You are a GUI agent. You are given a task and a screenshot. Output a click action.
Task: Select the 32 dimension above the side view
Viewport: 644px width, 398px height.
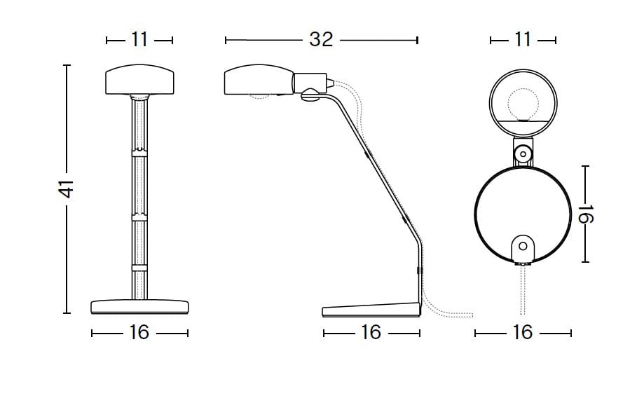[321, 40]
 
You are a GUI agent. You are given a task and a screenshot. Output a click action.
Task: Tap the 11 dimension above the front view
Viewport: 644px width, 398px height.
[139, 40]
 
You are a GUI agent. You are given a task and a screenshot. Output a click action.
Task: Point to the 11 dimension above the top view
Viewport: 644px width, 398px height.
[523, 40]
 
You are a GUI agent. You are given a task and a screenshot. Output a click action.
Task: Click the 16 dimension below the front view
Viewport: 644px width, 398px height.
[139, 332]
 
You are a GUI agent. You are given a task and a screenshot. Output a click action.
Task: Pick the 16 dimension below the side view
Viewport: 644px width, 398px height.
[370, 332]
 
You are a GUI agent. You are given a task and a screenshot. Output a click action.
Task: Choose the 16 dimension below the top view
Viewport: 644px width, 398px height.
[523, 332]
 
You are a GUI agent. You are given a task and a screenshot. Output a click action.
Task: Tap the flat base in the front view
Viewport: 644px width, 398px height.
[139, 307]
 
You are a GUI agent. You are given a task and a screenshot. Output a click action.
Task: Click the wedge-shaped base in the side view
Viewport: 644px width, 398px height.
[370, 309]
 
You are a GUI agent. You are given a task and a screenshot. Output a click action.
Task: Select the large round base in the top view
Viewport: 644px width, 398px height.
[522, 210]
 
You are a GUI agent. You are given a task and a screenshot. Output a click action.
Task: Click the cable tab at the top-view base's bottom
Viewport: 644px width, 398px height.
[522, 247]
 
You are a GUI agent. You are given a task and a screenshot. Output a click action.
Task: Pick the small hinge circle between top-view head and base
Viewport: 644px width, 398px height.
[522, 152]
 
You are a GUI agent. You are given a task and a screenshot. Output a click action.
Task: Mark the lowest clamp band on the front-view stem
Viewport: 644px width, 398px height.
[139, 268]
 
